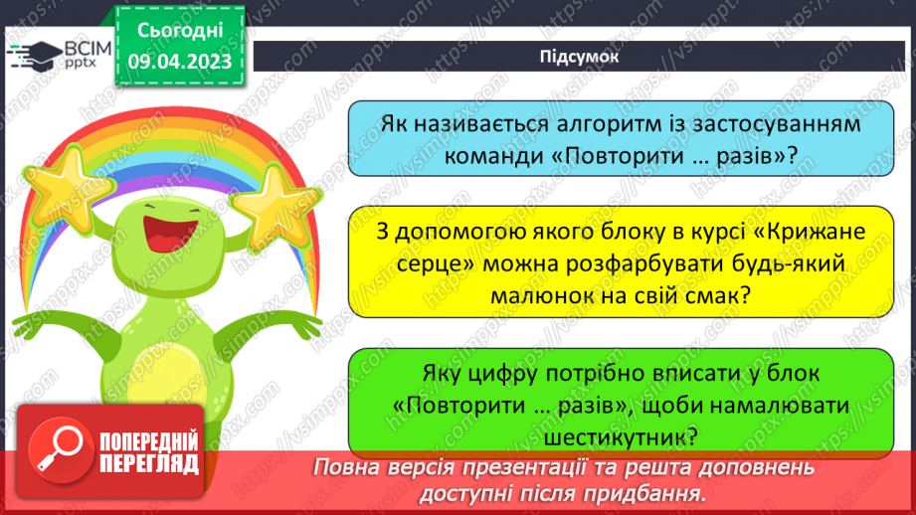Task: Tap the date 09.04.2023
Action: (179, 62)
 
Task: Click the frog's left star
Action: (58, 184)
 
